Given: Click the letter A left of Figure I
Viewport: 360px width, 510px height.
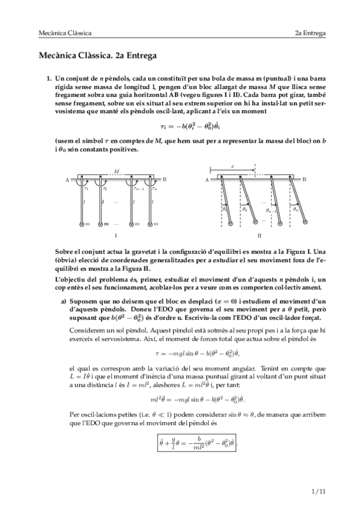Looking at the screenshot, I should tap(67, 180).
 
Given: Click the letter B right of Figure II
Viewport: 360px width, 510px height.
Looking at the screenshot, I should tap(304, 180).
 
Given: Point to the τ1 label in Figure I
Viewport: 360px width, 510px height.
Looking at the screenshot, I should tap(87, 188).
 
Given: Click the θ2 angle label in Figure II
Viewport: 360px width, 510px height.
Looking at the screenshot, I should tap(244, 209).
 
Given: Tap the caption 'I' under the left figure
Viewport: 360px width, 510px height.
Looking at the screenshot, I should tap(115, 236).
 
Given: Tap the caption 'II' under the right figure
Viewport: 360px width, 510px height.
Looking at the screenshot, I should tap(259, 236).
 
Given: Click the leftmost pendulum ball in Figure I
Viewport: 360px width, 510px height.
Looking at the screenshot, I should tap(83, 224).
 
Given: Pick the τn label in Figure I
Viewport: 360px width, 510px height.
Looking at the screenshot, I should tap(154, 188).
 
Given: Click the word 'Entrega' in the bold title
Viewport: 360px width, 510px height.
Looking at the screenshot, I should tap(139, 57).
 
